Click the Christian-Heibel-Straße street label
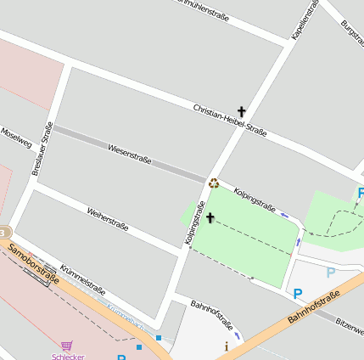click(229, 120)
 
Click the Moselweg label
click(16, 137)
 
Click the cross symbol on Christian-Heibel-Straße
click(241, 111)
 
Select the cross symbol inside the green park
click(210, 218)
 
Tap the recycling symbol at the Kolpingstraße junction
click(214, 182)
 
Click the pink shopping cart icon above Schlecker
click(67, 346)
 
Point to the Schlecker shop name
click(68, 356)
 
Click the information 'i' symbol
click(226, 346)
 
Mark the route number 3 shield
click(3, 232)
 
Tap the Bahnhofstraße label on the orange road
click(313, 307)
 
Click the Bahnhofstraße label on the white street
click(211, 315)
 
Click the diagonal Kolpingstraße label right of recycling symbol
click(255, 198)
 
